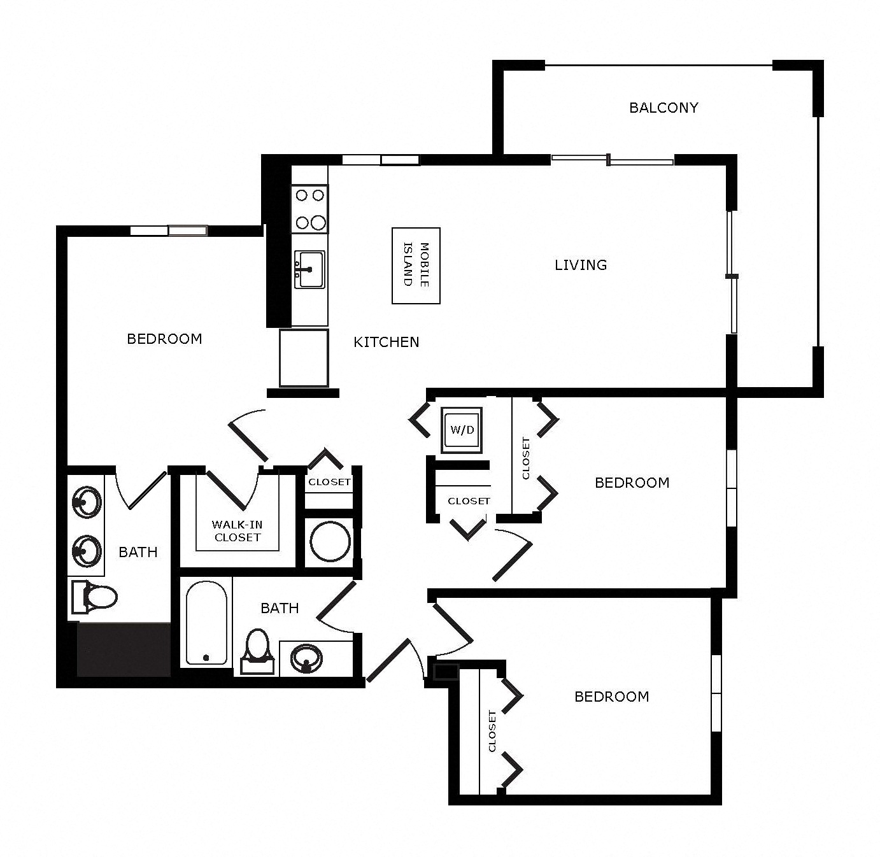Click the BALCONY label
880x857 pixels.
[x=664, y=108]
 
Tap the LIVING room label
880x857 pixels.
[x=581, y=265]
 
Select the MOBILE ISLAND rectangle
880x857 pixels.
[x=416, y=266]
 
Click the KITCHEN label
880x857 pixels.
[x=387, y=342]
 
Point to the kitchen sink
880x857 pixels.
[x=309, y=269]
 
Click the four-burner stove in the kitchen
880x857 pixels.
[x=309, y=209]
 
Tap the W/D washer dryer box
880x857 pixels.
[x=462, y=430]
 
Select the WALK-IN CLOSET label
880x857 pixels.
[x=237, y=531]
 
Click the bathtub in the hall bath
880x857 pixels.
[x=206, y=623]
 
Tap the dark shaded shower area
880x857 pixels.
[x=124, y=649]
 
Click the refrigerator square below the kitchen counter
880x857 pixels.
[x=304, y=358]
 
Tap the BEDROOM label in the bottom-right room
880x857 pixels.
[x=611, y=697]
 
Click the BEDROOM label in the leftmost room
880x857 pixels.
[x=164, y=339]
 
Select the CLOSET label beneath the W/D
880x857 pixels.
[x=469, y=501]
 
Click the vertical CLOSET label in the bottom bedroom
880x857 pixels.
[x=492, y=731]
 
